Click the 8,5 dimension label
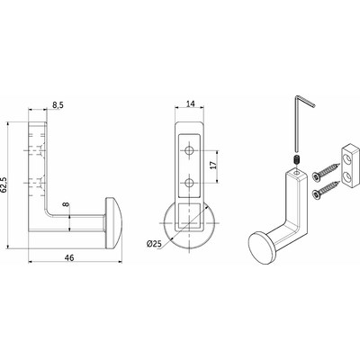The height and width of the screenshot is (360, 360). (x=58, y=105)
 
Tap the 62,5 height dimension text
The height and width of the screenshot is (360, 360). (x=4, y=184)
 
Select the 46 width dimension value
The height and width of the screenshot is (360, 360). (x=69, y=257)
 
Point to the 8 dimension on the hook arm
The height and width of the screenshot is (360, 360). (x=66, y=204)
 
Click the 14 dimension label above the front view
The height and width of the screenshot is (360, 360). (x=190, y=103)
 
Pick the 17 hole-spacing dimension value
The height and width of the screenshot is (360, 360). (x=212, y=166)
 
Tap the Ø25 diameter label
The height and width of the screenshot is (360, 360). (x=154, y=244)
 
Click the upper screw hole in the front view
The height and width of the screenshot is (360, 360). (x=189, y=150)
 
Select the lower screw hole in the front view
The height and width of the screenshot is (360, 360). (x=189, y=182)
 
